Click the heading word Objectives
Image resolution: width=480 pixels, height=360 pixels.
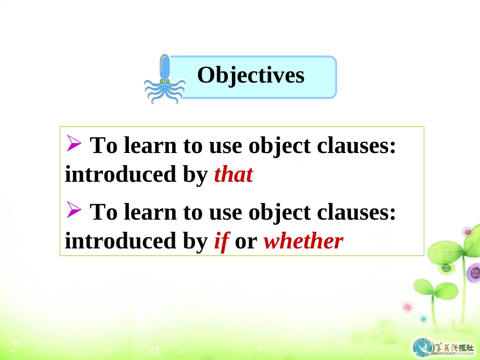pos(251,76)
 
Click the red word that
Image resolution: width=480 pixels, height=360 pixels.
pos(233,175)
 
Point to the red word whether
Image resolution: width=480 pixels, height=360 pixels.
pos(303,241)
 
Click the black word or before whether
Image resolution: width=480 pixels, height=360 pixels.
pos(246,241)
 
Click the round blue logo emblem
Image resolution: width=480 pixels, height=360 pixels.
pos(422,346)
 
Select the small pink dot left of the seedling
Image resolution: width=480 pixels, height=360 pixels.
pos(407,307)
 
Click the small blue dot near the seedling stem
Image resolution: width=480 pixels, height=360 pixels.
pos(423,319)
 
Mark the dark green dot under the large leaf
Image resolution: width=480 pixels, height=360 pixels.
pos(446,268)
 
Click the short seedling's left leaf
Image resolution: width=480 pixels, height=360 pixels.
pos(424,288)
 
